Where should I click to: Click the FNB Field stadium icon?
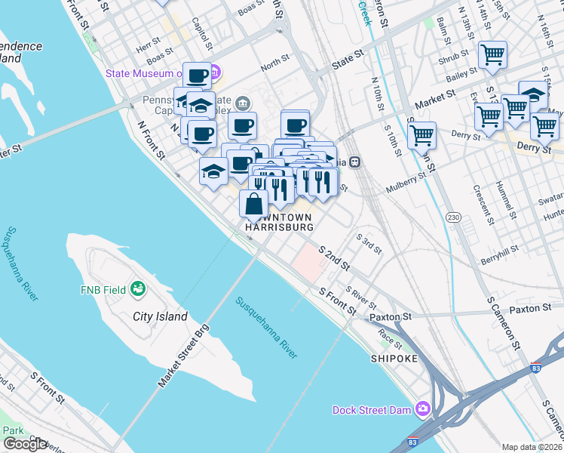(138, 288)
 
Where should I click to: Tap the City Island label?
(160, 316)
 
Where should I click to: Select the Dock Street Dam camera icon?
(422, 409)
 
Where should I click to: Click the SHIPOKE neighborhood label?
(394, 359)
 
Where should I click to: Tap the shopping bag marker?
(254, 203)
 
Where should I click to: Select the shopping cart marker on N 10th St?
(421, 135)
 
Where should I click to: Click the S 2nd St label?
(335, 257)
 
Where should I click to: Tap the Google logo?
(25, 443)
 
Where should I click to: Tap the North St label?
(274, 63)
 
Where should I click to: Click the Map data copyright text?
(531, 447)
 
